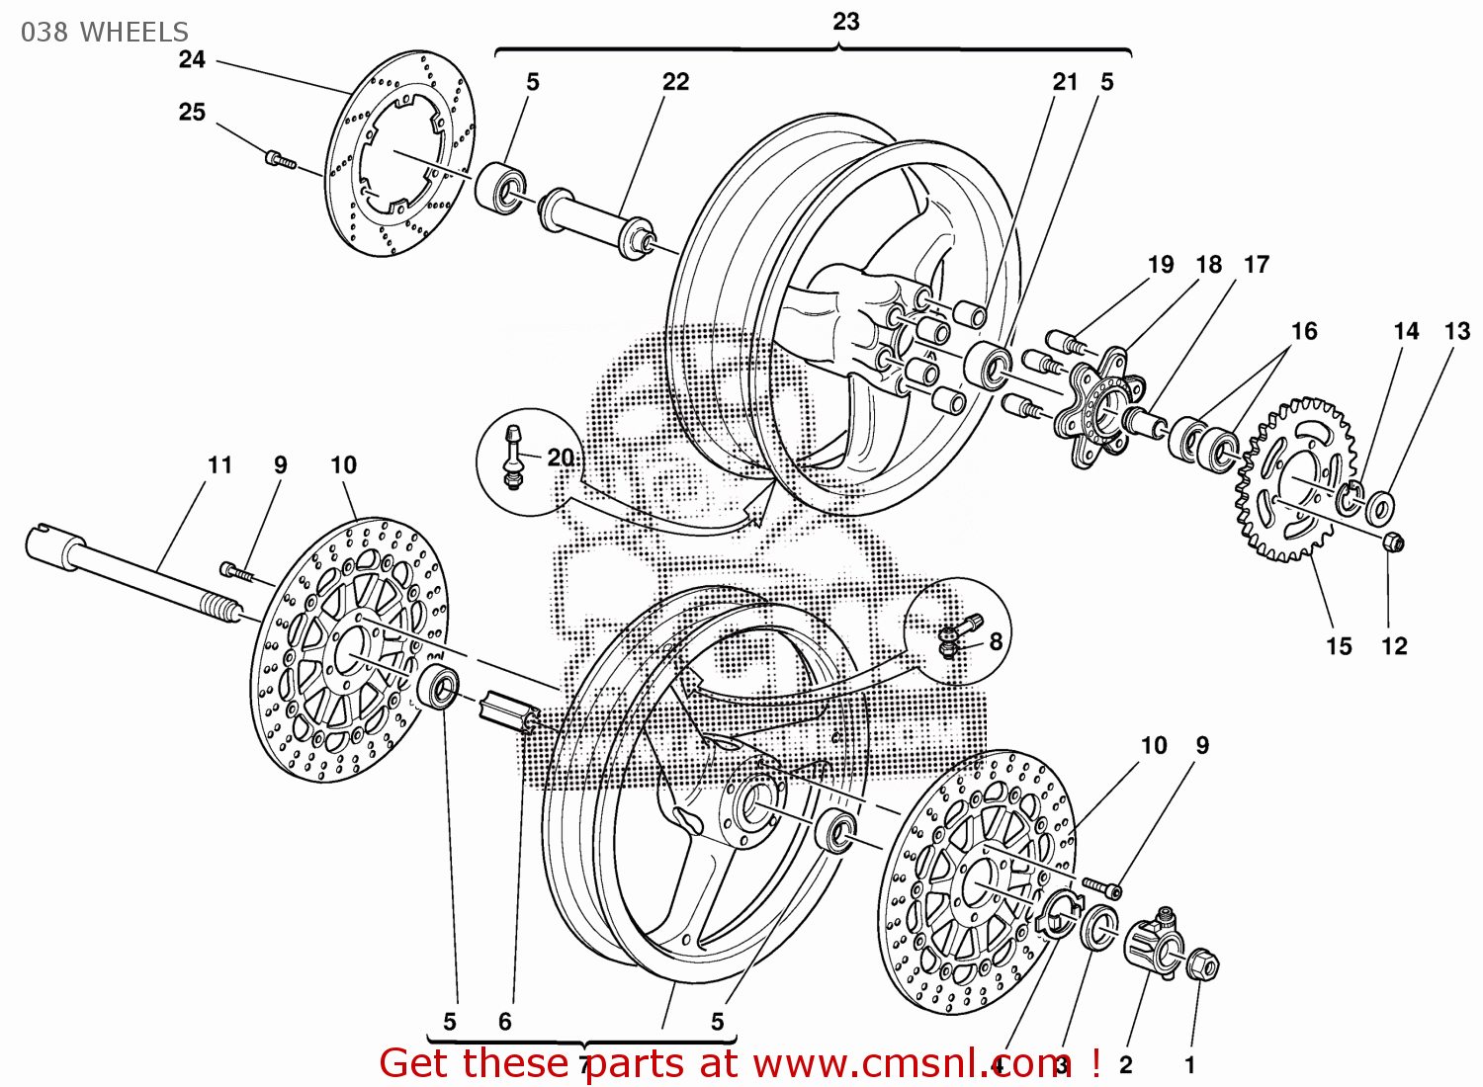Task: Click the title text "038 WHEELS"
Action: coord(104,32)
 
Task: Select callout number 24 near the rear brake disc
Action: coord(192,59)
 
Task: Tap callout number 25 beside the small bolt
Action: coord(192,112)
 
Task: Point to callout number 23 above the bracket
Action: coord(845,22)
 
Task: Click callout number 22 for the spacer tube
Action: coord(675,82)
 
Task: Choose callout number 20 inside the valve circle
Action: coord(560,458)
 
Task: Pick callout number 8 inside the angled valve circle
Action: coord(996,641)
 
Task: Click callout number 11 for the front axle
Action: coord(219,464)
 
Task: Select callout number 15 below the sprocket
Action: coord(1339,646)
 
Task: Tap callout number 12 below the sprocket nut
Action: coord(1394,646)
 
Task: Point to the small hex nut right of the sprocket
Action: coord(1392,542)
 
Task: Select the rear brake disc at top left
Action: coord(400,153)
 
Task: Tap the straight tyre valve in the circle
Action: coord(513,456)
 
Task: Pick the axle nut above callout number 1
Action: coord(1201,963)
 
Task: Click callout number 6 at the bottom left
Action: coord(505,1022)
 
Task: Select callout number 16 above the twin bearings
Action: coord(1304,331)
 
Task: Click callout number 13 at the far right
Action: coord(1457,331)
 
